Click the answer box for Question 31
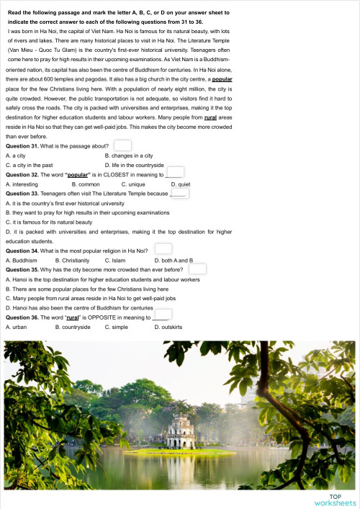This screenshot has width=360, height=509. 122,146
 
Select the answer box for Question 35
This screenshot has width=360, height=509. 197,269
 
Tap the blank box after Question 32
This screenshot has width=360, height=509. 175,172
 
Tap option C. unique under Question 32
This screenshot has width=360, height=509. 134,184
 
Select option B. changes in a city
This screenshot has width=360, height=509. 129,155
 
